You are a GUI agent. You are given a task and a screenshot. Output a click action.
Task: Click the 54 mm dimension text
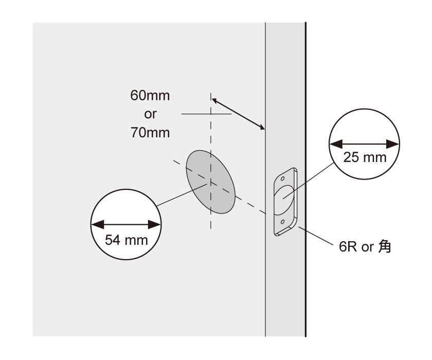click(x=126, y=239)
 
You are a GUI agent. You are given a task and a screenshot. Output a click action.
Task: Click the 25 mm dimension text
click(x=365, y=157)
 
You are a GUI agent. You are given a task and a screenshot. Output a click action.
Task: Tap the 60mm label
click(x=150, y=96)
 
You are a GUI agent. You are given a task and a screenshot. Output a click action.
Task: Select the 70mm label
click(x=150, y=133)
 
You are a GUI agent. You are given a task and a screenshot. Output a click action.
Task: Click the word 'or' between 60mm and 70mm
click(x=150, y=114)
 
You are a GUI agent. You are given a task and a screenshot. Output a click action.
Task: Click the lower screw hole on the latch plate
click(x=282, y=222)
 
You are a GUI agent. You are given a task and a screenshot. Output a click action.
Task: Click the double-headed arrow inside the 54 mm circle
click(x=126, y=224)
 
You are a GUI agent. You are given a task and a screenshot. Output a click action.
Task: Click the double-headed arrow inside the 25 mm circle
click(x=365, y=145)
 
